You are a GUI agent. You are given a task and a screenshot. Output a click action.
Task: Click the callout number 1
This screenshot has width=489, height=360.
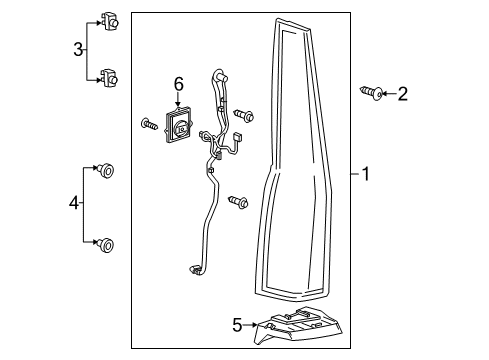point(366,175)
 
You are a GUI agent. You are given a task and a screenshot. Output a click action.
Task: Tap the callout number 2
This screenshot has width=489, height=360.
point(402,94)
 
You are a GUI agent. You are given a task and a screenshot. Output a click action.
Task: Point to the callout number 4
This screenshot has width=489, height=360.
point(74,204)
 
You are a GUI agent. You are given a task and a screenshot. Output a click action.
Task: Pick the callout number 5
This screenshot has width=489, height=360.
point(238,324)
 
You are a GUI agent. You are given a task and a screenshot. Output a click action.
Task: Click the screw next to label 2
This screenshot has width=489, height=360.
point(370,94)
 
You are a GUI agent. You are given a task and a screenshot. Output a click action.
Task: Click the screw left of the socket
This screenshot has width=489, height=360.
point(148,125)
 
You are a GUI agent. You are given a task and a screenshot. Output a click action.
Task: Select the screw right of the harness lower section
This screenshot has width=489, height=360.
point(238,202)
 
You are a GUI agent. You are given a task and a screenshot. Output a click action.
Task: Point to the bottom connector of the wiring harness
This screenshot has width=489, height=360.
point(197,268)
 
